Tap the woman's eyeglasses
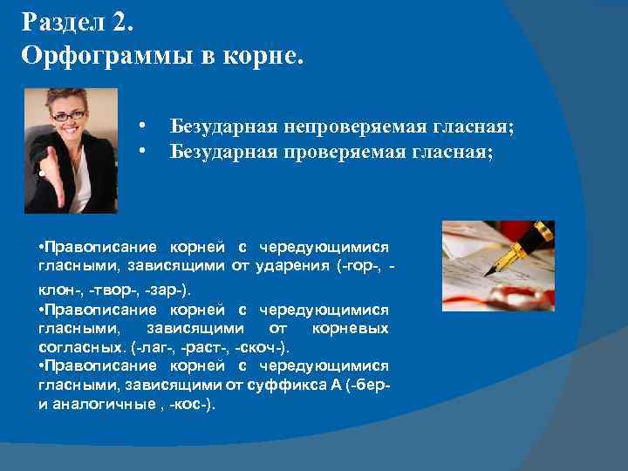point(71,114)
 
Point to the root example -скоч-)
point(252,347)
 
